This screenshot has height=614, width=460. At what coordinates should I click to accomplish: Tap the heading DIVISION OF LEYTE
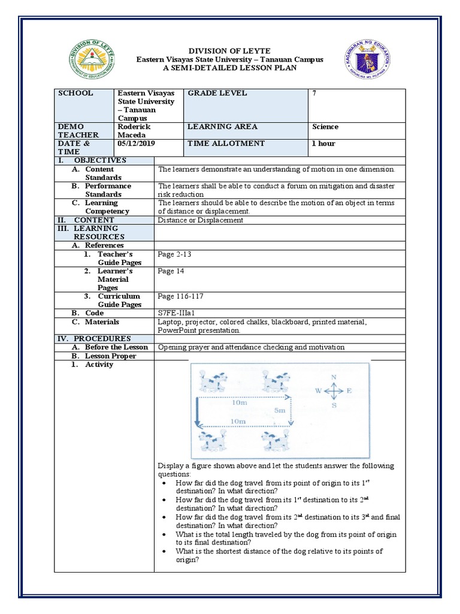[230, 50]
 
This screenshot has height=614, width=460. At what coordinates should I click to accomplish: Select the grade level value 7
[314, 94]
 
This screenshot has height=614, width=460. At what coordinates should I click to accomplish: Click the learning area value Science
[325, 127]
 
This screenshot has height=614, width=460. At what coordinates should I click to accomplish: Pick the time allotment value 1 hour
[323, 143]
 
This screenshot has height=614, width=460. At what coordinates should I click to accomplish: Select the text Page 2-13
[174, 254]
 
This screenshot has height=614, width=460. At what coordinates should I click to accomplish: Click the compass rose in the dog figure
[334, 391]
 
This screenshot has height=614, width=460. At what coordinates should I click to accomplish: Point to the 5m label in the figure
[280, 410]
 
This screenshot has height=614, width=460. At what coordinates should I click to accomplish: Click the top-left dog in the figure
[213, 381]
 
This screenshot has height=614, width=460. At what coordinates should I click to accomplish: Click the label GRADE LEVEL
[217, 94]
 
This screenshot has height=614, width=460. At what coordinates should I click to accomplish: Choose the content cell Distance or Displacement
[200, 220]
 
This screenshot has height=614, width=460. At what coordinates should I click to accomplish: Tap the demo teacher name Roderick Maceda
[134, 131]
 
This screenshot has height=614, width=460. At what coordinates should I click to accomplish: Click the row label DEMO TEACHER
[73, 131]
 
